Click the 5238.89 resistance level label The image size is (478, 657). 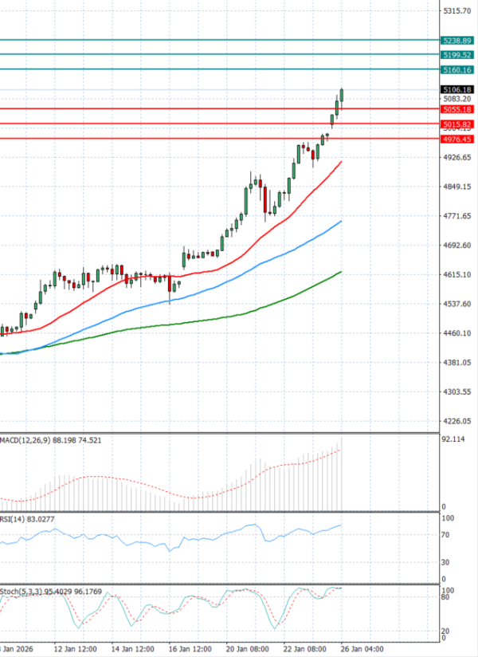click(x=456, y=40)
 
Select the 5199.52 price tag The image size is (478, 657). click(x=456, y=54)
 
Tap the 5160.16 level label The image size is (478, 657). click(x=456, y=70)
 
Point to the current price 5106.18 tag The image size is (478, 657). click(x=456, y=89)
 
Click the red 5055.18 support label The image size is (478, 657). click(x=456, y=108)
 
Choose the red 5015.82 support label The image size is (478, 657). click(x=456, y=124)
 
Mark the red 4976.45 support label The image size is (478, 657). click(x=456, y=139)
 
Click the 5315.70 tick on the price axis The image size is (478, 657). click(x=456, y=10)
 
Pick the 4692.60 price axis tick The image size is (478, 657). click(x=456, y=246)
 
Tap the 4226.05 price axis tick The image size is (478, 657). click(x=456, y=421)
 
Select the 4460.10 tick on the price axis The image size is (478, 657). click(x=456, y=333)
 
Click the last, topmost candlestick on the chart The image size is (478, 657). click(x=342, y=95)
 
